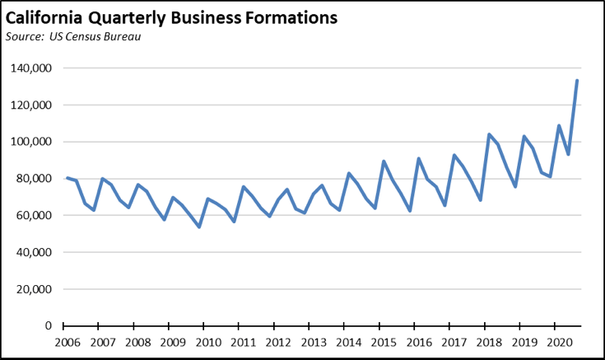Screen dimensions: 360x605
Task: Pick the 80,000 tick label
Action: (35, 179)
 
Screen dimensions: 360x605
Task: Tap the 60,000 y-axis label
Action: (35, 216)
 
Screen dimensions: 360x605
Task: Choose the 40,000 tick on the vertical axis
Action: (35, 252)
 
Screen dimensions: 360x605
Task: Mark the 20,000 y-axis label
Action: (35, 289)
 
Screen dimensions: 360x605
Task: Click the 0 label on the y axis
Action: (49, 326)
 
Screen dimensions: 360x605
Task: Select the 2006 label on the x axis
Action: (67, 342)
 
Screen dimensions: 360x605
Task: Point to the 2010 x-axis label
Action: (207, 342)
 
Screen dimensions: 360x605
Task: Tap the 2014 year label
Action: (349, 342)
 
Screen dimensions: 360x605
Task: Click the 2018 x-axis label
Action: (490, 342)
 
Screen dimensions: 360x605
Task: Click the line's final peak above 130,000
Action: (577, 80)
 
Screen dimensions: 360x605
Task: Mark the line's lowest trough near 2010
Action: (198, 227)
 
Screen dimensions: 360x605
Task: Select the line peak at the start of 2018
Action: (489, 134)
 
